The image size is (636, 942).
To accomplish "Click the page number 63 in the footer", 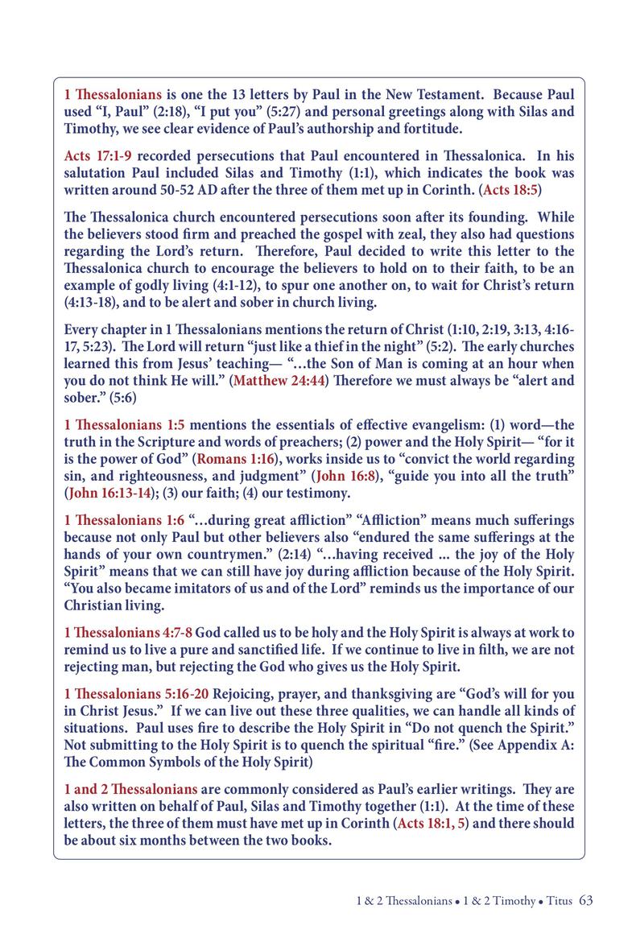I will point(585,900).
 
